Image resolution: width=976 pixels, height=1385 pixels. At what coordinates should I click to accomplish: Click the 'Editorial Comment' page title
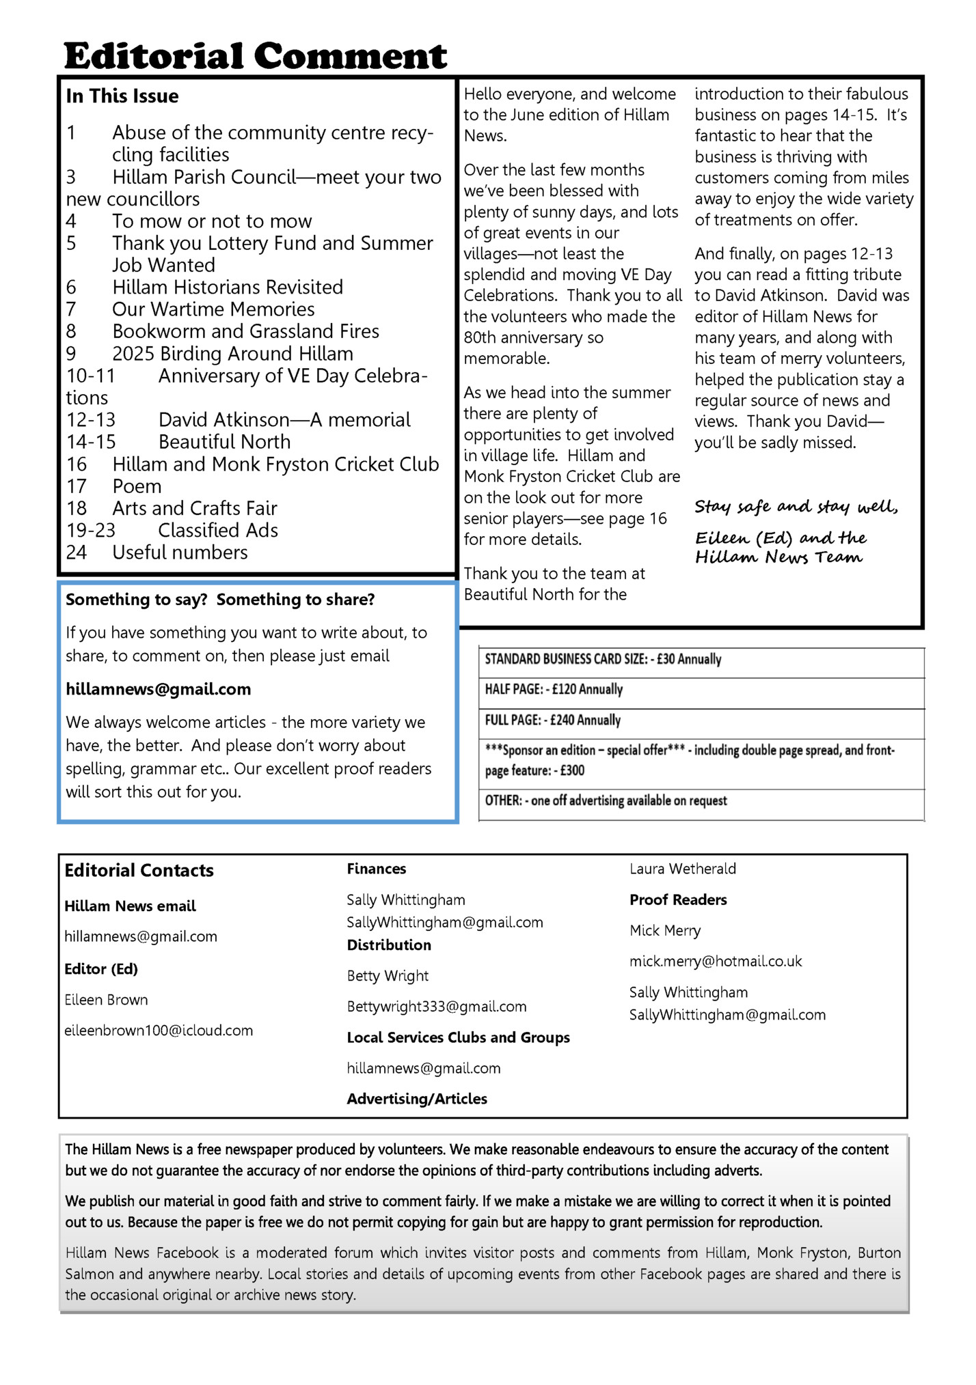click(255, 56)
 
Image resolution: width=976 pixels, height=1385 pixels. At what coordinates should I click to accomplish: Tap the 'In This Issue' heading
click(122, 96)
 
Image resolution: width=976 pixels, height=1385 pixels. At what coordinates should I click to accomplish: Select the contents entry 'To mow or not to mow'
click(212, 221)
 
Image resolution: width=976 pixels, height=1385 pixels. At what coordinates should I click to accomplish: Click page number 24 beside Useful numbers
click(77, 552)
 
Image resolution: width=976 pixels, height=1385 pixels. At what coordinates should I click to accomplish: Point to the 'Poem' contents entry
click(137, 486)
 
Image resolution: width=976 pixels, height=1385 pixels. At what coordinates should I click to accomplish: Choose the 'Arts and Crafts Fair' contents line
click(195, 508)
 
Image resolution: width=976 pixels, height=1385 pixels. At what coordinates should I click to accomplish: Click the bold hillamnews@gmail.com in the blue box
click(159, 689)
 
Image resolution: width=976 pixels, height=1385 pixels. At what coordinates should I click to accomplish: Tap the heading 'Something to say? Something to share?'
click(220, 600)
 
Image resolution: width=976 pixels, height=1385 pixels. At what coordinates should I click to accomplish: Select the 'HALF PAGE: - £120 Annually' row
click(554, 689)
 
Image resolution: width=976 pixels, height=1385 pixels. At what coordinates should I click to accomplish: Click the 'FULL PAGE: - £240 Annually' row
click(552, 720)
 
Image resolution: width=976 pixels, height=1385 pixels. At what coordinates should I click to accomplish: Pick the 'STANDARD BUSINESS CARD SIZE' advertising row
click(603, 659)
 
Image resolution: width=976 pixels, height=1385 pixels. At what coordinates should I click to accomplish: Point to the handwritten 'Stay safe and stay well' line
click(796, 507)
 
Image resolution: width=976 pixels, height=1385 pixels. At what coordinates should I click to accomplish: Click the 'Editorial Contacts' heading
click(139, 870)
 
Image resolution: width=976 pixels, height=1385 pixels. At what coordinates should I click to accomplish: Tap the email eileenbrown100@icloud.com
click(159, 1030)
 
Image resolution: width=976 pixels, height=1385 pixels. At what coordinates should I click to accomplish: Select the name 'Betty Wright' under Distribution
click(388, 975)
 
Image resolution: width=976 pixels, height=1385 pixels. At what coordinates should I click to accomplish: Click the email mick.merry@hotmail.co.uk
click(716, 961)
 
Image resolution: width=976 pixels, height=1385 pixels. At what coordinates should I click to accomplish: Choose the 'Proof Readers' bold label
click(678, 899)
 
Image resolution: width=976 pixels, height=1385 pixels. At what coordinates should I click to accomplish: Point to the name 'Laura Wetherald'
click(683, 869)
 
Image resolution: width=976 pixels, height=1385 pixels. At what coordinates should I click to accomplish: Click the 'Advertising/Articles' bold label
click(417, 1098)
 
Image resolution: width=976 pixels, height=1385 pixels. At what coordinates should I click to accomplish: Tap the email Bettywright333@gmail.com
click(437, 1006)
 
